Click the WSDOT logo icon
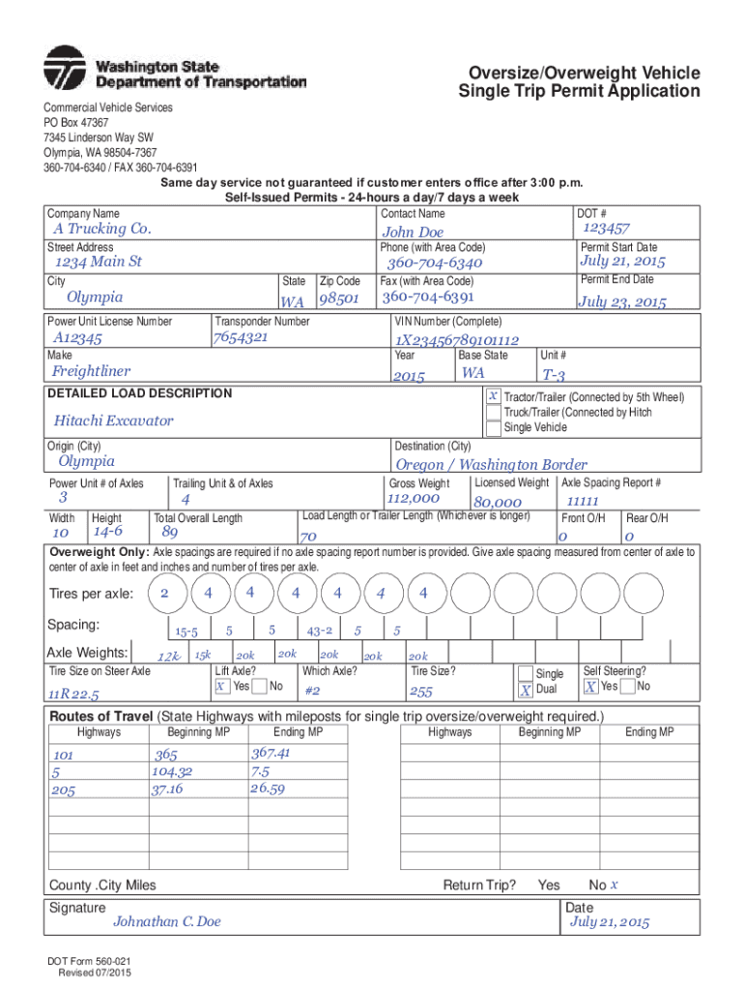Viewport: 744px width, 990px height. click(65, 69)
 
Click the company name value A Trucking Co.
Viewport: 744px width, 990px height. click(102, 229)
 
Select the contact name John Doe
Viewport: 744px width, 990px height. click(413, 232)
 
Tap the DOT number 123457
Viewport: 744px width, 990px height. click(607, 228)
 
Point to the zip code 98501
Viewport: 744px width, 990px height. click(339, 299)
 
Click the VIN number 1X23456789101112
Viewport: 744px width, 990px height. click(457, 340)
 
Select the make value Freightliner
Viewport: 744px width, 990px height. click(91, 371)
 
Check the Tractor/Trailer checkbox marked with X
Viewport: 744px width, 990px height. click(493, 396)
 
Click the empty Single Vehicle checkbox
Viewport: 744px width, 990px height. click(493, 427)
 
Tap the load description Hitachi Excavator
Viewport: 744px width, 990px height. click(114, 421)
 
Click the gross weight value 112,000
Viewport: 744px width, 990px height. click(413, 499)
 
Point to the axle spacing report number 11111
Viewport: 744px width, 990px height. click(583, 502)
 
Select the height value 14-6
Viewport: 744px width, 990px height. click(107, 532)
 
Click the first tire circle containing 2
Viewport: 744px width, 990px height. click(164, 592)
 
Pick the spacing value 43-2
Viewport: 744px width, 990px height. click(320, 630)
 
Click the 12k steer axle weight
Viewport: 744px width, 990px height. click(169, 657)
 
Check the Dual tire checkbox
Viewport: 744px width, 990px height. click(525, 690)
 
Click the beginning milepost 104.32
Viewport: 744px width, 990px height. click(172, 772)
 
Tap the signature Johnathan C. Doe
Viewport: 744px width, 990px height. click(167, 921)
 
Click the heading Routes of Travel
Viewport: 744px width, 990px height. click(101, 716)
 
